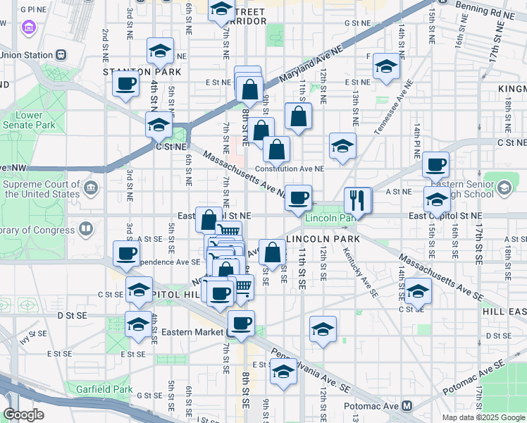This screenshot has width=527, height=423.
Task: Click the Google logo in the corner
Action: (x=23, y=414)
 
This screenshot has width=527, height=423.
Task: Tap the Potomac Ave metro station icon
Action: (x=407, y=406)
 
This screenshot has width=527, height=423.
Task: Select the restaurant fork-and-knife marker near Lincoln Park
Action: (x=358, y=200)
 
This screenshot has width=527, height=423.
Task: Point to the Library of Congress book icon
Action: (x=86, y=229)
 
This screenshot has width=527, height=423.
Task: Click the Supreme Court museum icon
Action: (x=90, y=188)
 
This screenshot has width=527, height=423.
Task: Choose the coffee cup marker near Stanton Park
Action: (x=126, y=83)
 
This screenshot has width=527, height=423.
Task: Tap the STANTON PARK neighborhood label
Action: (x=142, y=72)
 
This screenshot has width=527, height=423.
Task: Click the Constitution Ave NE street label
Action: (x=289, y=168)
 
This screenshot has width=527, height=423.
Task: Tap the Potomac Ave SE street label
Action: (x=473, y=379)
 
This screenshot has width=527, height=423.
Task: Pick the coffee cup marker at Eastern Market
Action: (x=241, y=323)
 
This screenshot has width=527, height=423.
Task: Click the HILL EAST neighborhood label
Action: (x=503, y=311)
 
